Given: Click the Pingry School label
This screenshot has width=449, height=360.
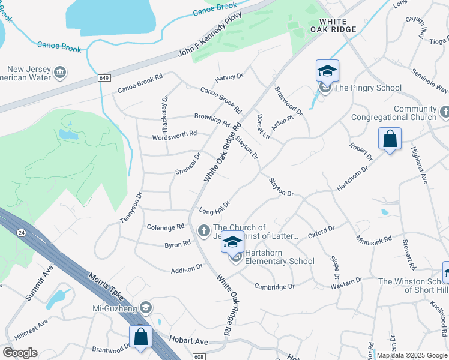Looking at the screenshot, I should [x=368, y=88].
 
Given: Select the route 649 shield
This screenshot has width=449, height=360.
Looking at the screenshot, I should [x=104, y=79].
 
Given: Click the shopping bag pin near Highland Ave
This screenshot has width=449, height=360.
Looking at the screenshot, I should [x=390, y=139].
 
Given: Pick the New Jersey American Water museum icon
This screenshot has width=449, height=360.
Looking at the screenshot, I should [x=59, y=73].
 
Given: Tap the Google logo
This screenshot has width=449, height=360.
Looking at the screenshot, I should [x=20, y=353].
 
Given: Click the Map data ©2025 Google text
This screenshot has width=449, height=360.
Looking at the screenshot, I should [x=411, y=355].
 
